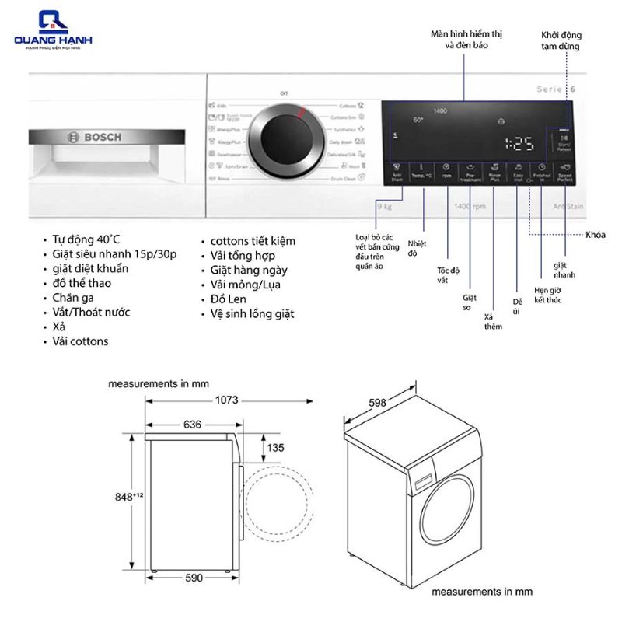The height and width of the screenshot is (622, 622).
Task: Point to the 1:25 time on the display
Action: (519, 143)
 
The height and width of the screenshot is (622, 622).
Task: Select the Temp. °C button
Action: (422, 172)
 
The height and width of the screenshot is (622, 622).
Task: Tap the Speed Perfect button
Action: (564, 172)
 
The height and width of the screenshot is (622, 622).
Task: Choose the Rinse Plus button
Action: (494, 172)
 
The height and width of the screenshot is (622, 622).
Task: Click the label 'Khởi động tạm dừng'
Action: (561, 41)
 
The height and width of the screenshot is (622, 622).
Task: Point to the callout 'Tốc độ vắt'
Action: (449, 274)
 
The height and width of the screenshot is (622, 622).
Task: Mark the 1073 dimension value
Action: (222, 400)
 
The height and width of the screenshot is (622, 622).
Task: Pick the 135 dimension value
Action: (274, 448)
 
